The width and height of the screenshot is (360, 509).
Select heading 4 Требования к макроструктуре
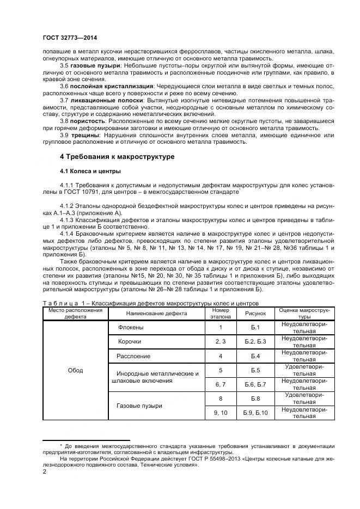point(117,157)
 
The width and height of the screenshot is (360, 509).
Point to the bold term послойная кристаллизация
point(111,86)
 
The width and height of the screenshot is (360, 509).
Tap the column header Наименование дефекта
point(156,314)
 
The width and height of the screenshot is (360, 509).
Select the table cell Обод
point(75,370)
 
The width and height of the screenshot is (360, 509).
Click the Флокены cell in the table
point(131,327)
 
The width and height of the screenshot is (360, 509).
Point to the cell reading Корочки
point(130,341)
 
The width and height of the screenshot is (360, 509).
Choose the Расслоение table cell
point(133,356)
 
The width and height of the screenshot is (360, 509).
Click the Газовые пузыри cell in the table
point(139,406)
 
